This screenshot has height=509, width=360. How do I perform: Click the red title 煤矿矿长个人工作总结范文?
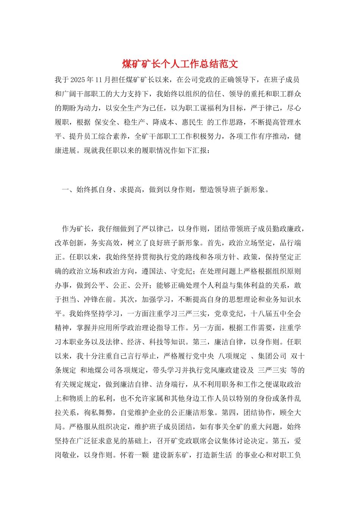[180, 64]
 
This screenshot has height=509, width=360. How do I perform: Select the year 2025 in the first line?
[78, 80]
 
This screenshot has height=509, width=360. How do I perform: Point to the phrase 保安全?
[105, 122]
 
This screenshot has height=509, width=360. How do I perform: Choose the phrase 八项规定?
[233, 356]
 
